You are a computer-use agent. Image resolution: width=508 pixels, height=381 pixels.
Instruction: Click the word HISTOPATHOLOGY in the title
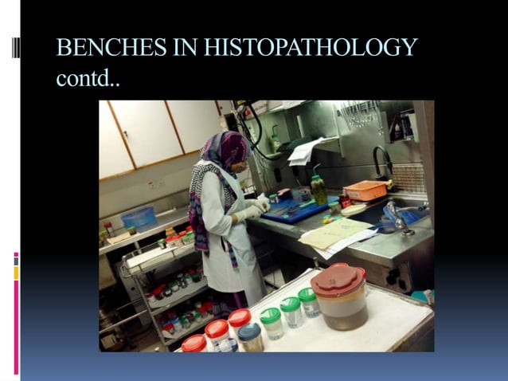point(311,49)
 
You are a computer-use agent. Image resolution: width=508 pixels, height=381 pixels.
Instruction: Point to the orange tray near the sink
point(365,190)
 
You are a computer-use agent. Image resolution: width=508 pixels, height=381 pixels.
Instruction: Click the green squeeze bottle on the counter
point(318,189)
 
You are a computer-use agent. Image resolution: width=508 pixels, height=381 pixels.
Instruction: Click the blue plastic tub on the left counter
point(139,218)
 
